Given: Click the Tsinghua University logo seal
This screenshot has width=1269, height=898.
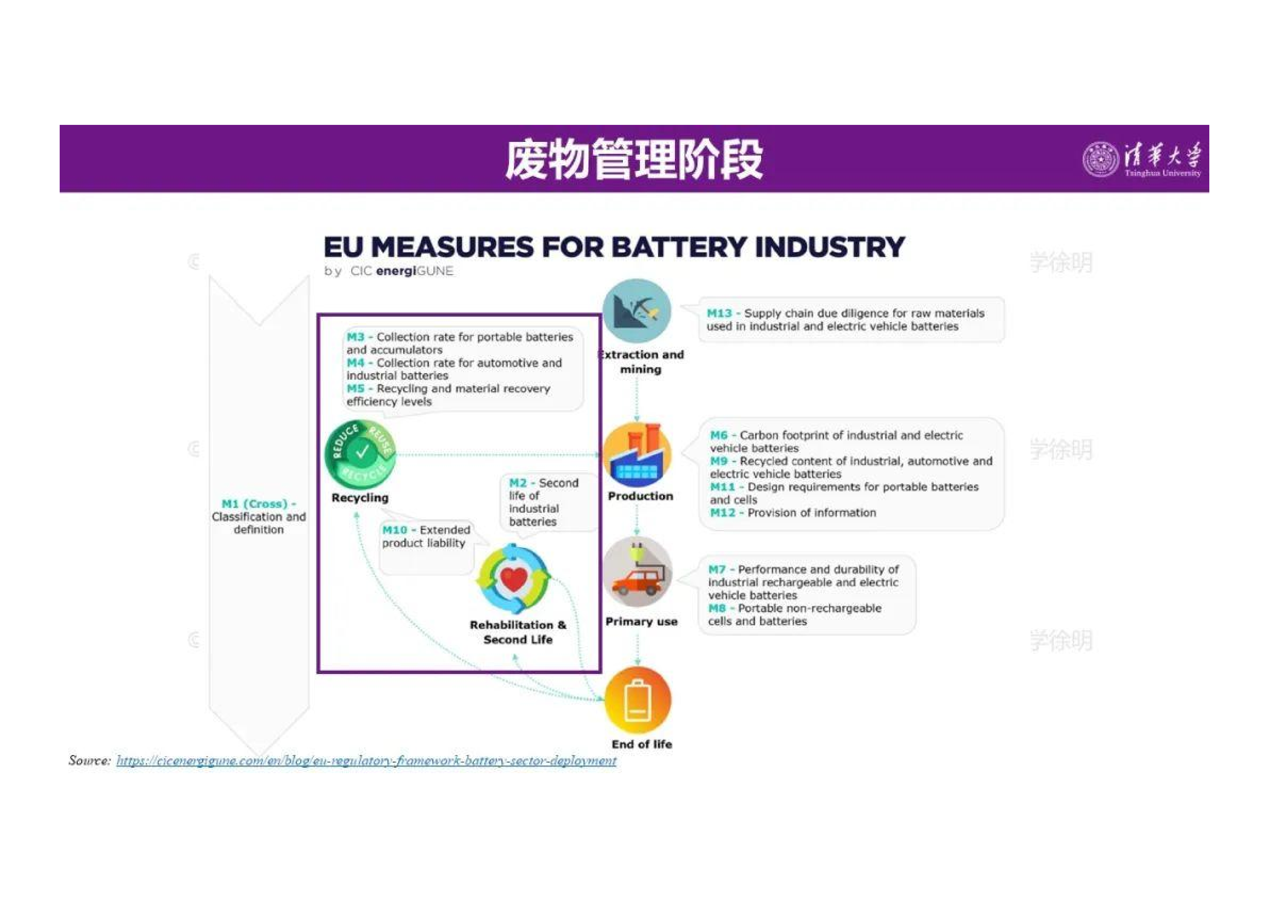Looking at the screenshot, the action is click(1100, 159).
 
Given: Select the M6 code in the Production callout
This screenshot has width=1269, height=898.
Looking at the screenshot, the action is click(718, 435).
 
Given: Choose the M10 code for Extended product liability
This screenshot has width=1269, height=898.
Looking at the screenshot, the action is click(395, 530).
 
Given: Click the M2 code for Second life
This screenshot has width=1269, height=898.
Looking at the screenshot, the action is click(518, 483).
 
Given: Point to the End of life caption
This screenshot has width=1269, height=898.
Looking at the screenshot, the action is click(642, 744).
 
